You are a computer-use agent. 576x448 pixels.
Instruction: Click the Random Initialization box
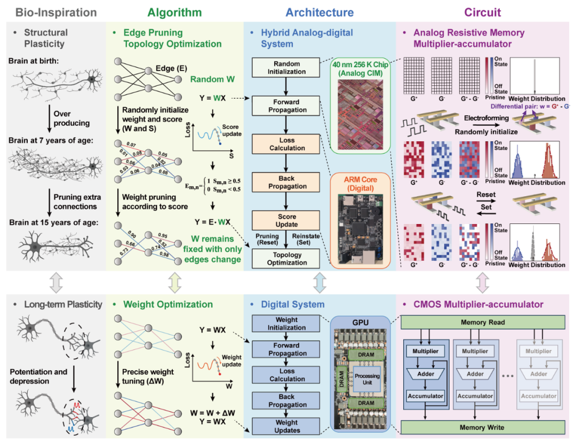(x=287, y=67)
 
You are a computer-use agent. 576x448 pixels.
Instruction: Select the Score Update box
(x=287, y=220)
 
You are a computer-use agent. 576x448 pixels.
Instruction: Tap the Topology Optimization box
(x=287, y=259)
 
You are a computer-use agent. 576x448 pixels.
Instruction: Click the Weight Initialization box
(x=287, y=324)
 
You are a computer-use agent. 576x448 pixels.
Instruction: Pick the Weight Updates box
(x=287, y=426)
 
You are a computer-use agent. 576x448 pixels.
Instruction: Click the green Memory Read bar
(x=482, y=322)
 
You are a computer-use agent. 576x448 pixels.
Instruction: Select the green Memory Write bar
(x=482, y=427)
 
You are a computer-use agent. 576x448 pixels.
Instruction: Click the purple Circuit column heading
(x=483, y=12)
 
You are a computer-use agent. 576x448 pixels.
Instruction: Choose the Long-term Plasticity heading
(x=62, y=305)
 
